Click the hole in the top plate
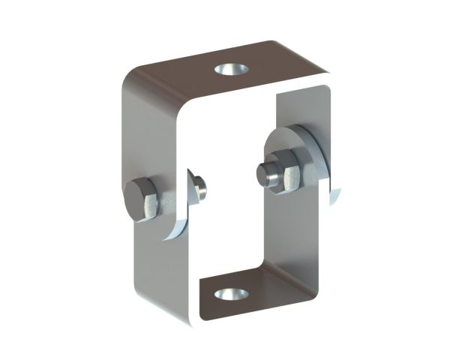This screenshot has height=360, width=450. click(x=231, y=70)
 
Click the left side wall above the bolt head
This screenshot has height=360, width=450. click(x=150, y=135)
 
